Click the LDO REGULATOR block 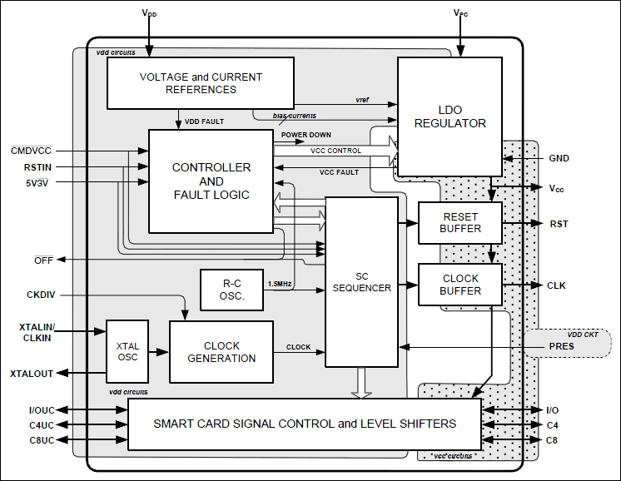pyautogui.click(x=450, y=117)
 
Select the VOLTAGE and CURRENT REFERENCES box pyautogui.click(x=201, y=83)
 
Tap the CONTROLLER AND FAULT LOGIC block pyautogui.click(x=211, y=181)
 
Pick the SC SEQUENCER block pyautogui.click(x=361, y=282)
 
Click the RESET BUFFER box pyautogui.click(x=460, y=222)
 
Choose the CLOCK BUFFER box pyautogui.click(x=460, y=285)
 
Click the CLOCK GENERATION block pyautogui.click(x=221, y=352)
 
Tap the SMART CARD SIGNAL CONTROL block pyautogui.click(x=305, y=424)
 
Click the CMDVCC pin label pyautogui.click(x=31, y=151)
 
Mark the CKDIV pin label pyautogui.click(x=41, y=295)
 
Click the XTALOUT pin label pyautogui.click(x=32, y=374)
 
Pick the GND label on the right pyautogui.click(x=559, y=158)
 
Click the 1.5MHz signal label pyautogui.click(x=281, y=284)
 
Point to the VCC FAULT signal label pyautogui.click(x=339, y=172)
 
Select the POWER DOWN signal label pyautogui.click(x=306, y=134)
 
